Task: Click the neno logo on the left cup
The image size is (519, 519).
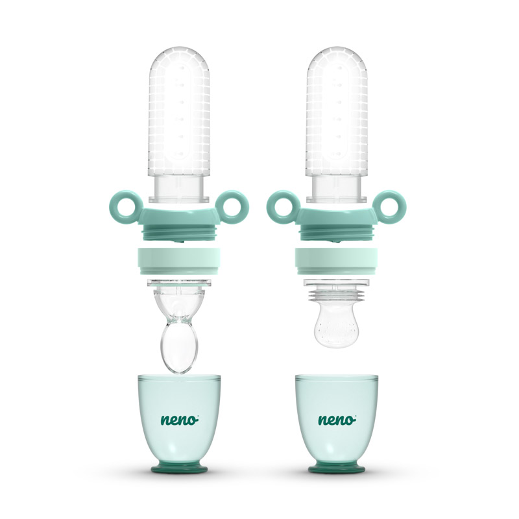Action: click(x=180, y=419)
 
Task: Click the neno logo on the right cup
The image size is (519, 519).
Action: click(x=337, y=419)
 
